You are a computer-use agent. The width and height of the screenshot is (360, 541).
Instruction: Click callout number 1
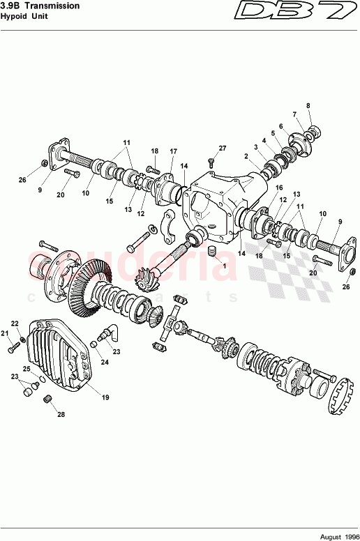[225, 266]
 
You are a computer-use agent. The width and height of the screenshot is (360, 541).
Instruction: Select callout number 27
[223, 148]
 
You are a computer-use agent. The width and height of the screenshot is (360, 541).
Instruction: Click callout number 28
[61, 415]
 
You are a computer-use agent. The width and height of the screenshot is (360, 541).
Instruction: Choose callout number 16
[278, 188]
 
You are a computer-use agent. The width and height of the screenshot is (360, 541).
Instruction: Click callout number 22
[14, 323]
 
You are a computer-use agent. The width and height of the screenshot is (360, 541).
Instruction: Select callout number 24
[105, 362]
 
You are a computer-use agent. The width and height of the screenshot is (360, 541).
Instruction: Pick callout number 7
[294, 115]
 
